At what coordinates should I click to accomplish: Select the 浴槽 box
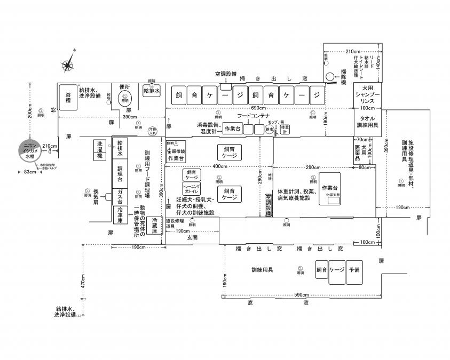[x=68, y=98]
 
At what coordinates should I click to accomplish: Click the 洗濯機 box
[x=99, y=149]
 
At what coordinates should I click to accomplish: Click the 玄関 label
[x=192, y=237]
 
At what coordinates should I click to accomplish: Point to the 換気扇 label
[x=97, y=195]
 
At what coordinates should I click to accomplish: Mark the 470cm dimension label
[x=83, y=282]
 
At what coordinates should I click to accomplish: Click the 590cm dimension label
[x=302, y=295]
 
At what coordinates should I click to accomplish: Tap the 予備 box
[x=354, y=270]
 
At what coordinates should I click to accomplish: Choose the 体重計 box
[x=285, y=129]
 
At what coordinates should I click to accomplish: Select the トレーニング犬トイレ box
[x=192, y=188]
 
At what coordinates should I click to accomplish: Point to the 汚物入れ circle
[x=153, y=130]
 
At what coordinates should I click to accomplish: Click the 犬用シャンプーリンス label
[x=367, y=95]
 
